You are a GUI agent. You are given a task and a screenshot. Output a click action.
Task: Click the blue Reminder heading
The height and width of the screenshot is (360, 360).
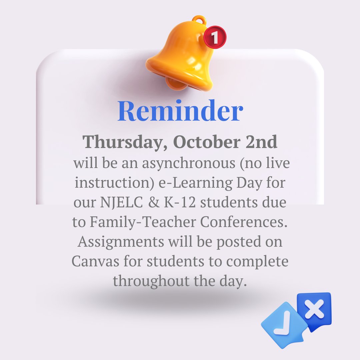coord(180,111)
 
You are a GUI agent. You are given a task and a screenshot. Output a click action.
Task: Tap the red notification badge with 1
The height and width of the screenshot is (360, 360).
coord(215,37)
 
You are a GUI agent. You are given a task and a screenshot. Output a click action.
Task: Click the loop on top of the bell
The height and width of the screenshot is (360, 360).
coord(199,19)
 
